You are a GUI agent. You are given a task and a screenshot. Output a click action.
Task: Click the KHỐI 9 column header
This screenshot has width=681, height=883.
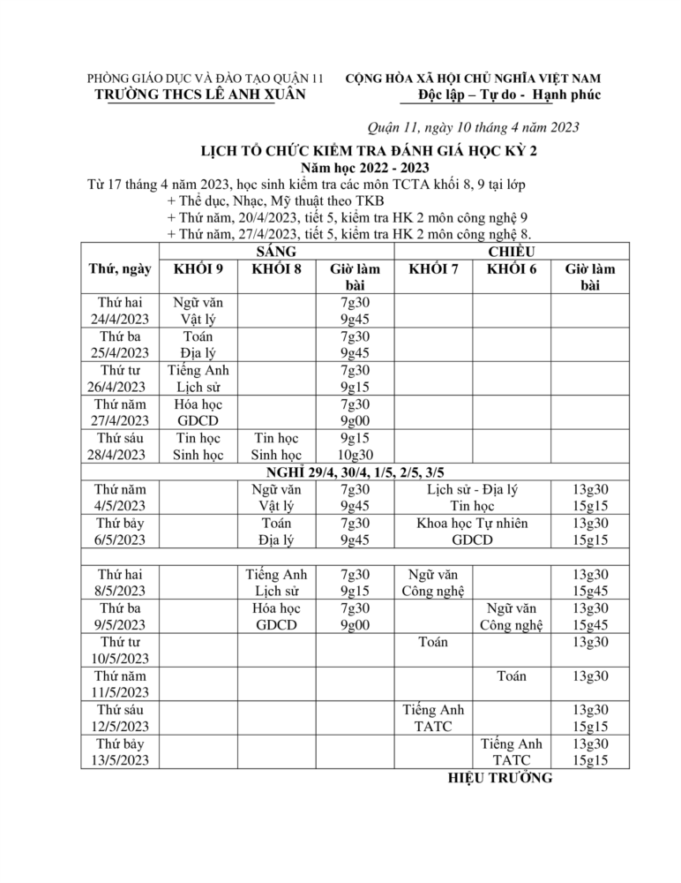198,269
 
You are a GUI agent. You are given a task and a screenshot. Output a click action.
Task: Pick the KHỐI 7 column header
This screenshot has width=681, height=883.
433,269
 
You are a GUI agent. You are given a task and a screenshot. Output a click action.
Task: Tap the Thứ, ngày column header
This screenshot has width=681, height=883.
119,269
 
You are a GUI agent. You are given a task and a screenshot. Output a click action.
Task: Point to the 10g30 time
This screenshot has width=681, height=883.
355,456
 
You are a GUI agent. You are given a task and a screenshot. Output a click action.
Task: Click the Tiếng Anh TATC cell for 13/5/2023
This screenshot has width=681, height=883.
512,751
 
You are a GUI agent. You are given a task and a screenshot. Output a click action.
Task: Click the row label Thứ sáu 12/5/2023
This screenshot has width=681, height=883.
121,718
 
